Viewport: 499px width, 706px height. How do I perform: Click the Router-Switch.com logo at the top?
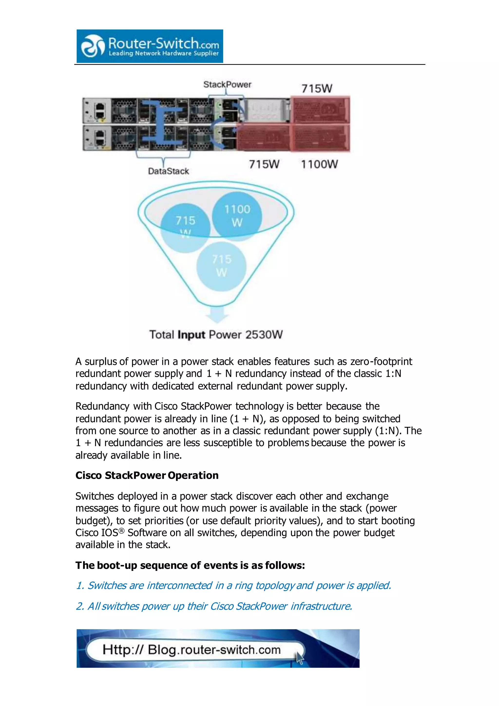(150, 46)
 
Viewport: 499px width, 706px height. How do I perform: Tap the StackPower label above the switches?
(227, 84)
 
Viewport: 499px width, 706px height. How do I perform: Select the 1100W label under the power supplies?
(319, 164)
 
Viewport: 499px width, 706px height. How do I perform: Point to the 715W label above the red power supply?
(317, 88)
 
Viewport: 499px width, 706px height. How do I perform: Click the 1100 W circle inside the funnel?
(237, 215)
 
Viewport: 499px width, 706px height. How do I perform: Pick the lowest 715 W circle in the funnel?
(221, 266)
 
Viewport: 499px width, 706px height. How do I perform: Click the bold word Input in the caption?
(191, 334)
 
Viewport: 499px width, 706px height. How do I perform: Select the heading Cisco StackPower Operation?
(147, 475)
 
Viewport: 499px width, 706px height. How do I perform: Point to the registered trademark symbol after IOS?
(121, 531)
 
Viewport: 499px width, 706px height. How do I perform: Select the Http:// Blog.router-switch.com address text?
(192, 650)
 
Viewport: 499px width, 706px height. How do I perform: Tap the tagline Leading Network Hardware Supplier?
(163, 53)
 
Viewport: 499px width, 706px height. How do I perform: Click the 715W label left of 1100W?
(264, 164)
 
